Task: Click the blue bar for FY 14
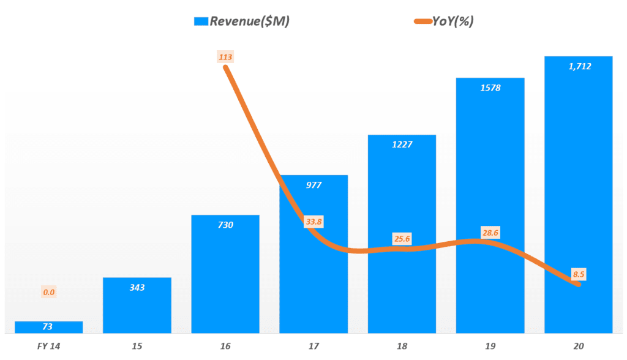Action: click(48, 327)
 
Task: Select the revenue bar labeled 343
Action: click(137, 306)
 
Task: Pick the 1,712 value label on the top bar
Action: click(579, 66)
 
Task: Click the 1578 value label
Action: click(490, 88)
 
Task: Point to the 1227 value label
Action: click(402, 144)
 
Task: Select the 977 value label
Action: click(313, 185)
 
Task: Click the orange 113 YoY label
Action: click(225, 58)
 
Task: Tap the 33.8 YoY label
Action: click(313, 222)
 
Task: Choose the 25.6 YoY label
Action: click(402, 238)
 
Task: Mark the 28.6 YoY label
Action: click(490, 233)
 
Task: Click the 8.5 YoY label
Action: click(579, 274)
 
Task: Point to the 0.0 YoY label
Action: click(49, 292)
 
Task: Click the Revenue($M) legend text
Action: click(250, 21)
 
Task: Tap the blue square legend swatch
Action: click(201, 21)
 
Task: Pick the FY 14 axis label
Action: click(48, 347)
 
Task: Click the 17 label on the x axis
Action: click(313, 347)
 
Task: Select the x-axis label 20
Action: click(579, 347)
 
